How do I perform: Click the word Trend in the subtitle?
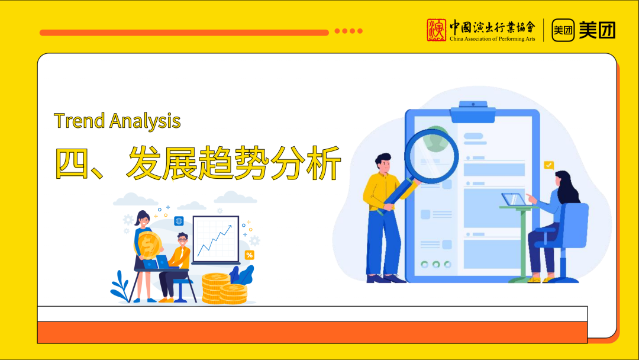pos(79,121)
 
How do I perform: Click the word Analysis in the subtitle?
pos(145,121)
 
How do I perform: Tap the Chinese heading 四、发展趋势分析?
pos(198,163)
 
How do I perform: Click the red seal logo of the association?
pos(436,30)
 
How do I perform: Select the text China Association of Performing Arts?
pos(492,38)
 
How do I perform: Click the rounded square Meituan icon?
pos(563,30)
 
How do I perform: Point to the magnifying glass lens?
pos(431,156)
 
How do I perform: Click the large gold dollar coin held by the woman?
pos(149,245)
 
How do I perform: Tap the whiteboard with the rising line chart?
pos(215,240)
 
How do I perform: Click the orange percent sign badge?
pos(250,255)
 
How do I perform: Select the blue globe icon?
pos(179,221)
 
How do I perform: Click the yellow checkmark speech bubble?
pos(549,165)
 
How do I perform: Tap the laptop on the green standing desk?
pos(514,200)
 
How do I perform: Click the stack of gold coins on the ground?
pos(224,289)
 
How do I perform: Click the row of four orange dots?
pos(348,31)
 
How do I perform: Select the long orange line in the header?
pos(184,33)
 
